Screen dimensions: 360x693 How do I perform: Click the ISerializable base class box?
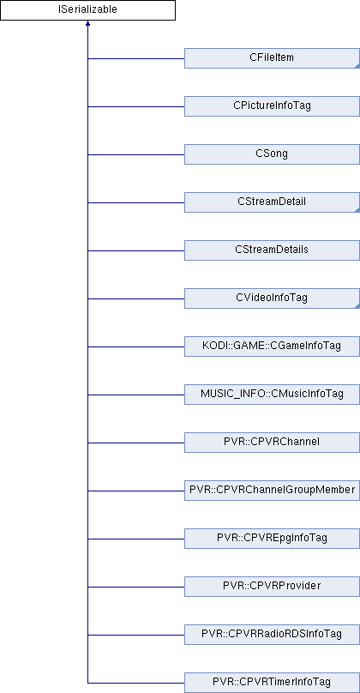(88, 10)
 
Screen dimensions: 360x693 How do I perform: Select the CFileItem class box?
(272, 58)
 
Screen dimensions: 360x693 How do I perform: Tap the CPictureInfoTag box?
(272, 106)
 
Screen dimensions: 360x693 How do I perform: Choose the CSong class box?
(272, 154)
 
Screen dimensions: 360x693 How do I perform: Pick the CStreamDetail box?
(272, 202)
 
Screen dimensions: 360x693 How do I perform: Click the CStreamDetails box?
(272, 250)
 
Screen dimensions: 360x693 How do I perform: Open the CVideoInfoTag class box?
(272, 298)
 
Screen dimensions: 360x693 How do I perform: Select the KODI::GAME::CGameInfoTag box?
(272, 346)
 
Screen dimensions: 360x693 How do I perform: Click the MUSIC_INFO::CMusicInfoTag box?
(272, 395)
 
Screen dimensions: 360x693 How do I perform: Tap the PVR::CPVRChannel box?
(272, 443)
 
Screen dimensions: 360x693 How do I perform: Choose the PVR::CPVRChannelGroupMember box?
(272, 491)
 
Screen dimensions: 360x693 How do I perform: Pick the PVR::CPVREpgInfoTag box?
(272, 539)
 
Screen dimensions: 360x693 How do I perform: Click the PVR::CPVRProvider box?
(272, 587)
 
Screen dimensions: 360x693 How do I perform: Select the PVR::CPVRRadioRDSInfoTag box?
(272, 635)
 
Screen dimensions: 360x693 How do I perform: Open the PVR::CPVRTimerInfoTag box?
(272, 683)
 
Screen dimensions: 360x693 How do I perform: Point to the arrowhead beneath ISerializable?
(88, 23)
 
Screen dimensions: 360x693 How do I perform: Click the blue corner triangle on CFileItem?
(357, 66)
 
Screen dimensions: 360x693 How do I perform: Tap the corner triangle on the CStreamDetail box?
(357, 210)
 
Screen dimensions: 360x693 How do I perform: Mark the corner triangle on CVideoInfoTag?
(357, 306)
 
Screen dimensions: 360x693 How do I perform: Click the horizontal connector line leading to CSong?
(136, 154)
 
